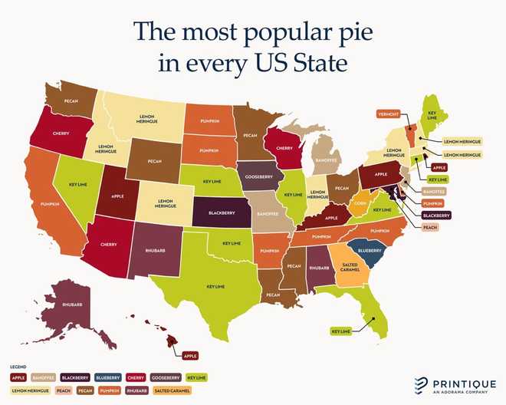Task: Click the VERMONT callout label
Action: point(388,114)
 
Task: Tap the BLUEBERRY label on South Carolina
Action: point(369,250)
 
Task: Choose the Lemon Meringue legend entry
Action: point(30,390)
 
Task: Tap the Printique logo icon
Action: point(421,383)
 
